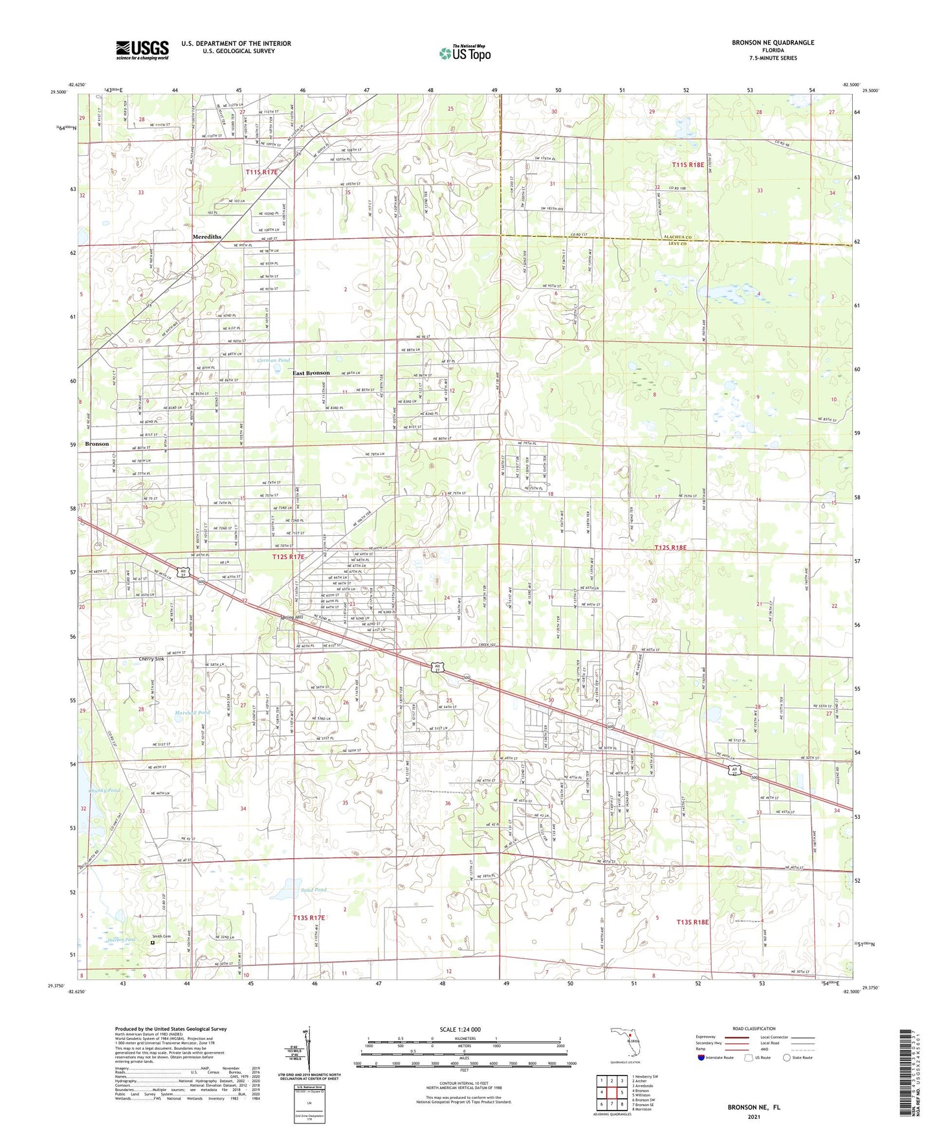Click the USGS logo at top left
click(142, 49)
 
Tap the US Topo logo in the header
click(465, 52)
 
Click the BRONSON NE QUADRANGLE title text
click(773, 42)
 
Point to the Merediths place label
click(207, 237)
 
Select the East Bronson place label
click(311, 373)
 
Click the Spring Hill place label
click(291, 617)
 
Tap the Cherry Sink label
click(151, 659)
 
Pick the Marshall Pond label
click(192, 713)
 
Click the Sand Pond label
click(314, 890)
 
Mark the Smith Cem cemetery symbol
click(153, 943)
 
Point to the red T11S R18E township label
click(687, 165)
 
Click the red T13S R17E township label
click(309, 918)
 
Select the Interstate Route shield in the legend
click(701, 1058)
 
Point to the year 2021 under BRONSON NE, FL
click(753, 1116)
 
